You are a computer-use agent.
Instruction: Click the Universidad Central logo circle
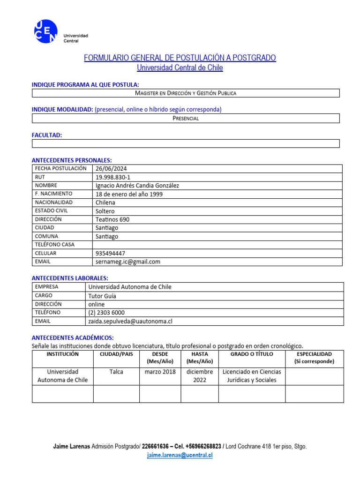[45, 31]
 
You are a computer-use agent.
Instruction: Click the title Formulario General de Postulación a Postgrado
[180, 58]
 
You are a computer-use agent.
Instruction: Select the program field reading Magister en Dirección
[186, 93]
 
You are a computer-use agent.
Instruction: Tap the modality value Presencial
[186, 118]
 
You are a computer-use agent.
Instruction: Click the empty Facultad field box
[186, 143]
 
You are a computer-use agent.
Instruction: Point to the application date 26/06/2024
[111, 169]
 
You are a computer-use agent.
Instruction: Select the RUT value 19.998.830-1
[113, 177]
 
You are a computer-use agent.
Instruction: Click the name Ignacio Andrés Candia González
[137, 186]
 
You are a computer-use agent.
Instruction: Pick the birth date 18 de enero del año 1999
[129, 194]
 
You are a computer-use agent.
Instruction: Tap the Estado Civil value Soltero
[105, 211]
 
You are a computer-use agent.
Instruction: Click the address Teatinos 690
[112, 219]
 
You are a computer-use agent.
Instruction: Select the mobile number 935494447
[110, 253]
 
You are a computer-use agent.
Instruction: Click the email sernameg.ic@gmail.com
[127, 262]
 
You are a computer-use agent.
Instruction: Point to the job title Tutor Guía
[102, 296]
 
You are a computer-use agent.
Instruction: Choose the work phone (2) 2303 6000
[106, 313]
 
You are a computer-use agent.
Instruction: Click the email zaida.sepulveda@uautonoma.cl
[130, 321]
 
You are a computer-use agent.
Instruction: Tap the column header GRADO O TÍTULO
[252, 354]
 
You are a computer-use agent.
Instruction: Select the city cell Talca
[116, 372]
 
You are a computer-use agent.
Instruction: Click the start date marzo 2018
[160, 372]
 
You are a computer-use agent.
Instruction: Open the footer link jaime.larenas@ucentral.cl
[180, 455]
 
